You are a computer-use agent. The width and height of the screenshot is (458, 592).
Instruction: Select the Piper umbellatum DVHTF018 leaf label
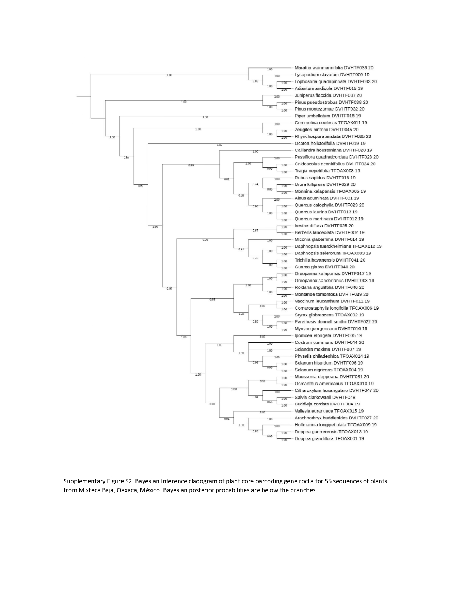327,116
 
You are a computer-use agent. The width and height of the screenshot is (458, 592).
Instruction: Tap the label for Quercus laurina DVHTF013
326,212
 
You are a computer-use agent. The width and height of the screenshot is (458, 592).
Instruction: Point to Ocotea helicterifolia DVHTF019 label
330,143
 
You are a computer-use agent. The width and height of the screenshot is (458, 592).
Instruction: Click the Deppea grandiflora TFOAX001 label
329,438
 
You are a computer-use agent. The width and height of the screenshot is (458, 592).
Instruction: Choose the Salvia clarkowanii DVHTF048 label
325,397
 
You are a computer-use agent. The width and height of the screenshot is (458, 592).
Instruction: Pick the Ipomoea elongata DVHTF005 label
328,335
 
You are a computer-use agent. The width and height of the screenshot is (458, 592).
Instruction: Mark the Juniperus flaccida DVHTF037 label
328,95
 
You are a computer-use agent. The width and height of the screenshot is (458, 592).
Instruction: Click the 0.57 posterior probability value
126,158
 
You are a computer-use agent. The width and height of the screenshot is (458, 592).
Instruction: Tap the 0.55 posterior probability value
212,300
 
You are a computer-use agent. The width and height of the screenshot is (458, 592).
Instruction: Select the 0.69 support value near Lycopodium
255,81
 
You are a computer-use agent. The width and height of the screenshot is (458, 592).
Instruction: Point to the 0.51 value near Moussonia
263,382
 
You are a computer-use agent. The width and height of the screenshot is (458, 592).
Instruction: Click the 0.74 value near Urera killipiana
255,184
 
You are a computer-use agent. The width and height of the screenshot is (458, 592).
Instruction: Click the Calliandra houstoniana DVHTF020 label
333,150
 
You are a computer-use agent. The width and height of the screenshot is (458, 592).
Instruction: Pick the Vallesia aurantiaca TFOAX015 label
329,411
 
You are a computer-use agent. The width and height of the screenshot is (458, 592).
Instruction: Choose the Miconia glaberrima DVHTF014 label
329,239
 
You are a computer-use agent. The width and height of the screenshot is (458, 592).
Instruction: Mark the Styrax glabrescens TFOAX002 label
329,315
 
